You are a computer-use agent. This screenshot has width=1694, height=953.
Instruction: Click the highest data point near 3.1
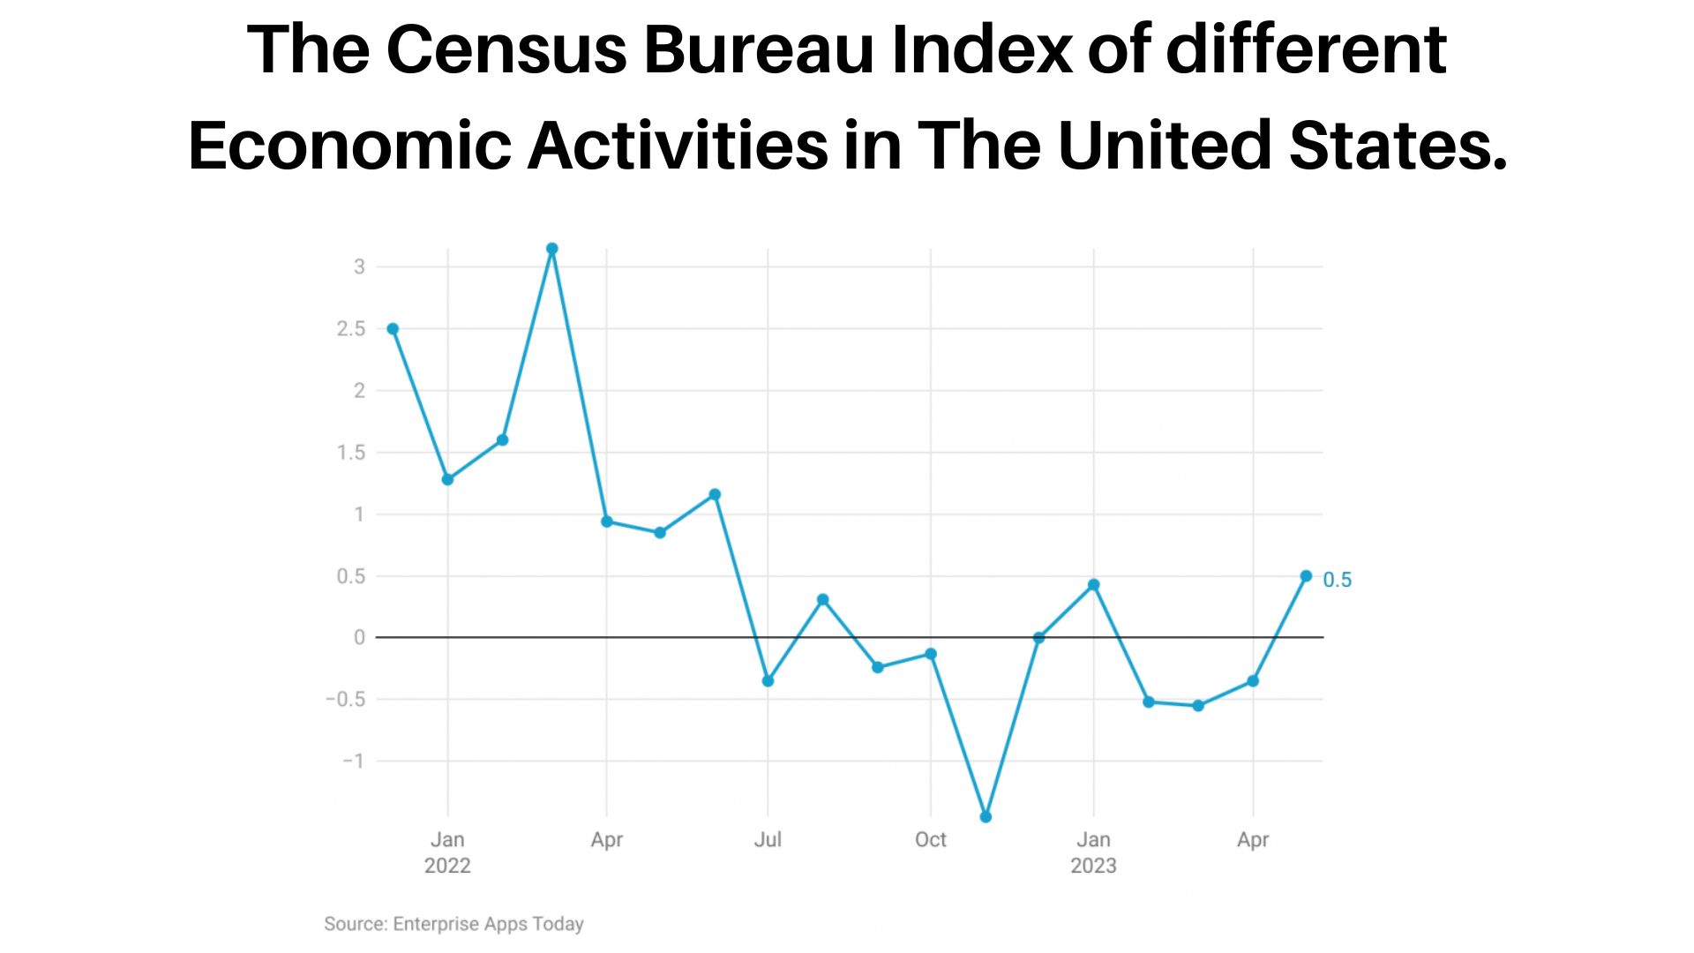pyautogui.click(x=552, y=249)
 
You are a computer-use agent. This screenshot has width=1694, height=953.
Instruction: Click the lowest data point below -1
pyautogui.click(x=986, y=817)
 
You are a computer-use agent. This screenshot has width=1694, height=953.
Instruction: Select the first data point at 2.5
pyautogui.click(x=393, y=329)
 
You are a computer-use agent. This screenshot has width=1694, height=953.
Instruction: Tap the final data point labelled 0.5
pyautogui.click(x=1306, y=576)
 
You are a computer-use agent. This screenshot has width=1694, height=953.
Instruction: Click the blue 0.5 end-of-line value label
pyautogui.click(x=1337, y=580)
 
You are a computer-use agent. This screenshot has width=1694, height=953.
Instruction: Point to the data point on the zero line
pyautogui.click(x=1038, y=637)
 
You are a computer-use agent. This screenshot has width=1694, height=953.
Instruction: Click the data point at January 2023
pyautogui.click(x=1094, y=585)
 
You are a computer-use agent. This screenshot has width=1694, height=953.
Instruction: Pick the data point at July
pyautogui.click(x=768, y=681)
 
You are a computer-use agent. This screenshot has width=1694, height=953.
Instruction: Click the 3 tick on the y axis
pyautogui.click(x=359, y=266)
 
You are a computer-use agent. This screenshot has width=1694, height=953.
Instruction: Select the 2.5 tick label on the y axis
pyautogui.click(x=350, y=329)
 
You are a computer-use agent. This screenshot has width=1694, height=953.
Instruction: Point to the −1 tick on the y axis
pyautogui.click(x=353, y=761)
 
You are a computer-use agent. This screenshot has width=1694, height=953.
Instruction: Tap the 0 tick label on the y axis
pyautogui.click(x=359, y=637)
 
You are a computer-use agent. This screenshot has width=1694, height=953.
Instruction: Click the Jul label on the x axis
pyautogui.click(x=768, y=839)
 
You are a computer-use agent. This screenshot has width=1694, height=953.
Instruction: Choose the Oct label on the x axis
pyautogui.click(x=930, y=839)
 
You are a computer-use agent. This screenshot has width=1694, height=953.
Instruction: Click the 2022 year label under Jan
pyautogui.click(x=447, y=866)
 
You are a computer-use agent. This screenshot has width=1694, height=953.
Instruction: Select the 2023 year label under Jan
pyautogui.click(x=1093, y=866)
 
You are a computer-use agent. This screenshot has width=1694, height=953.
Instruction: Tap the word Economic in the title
pyautogui.click(x=349, y=146)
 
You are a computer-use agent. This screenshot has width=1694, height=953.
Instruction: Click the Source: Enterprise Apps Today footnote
pyautogui.click(x=453, y=924)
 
